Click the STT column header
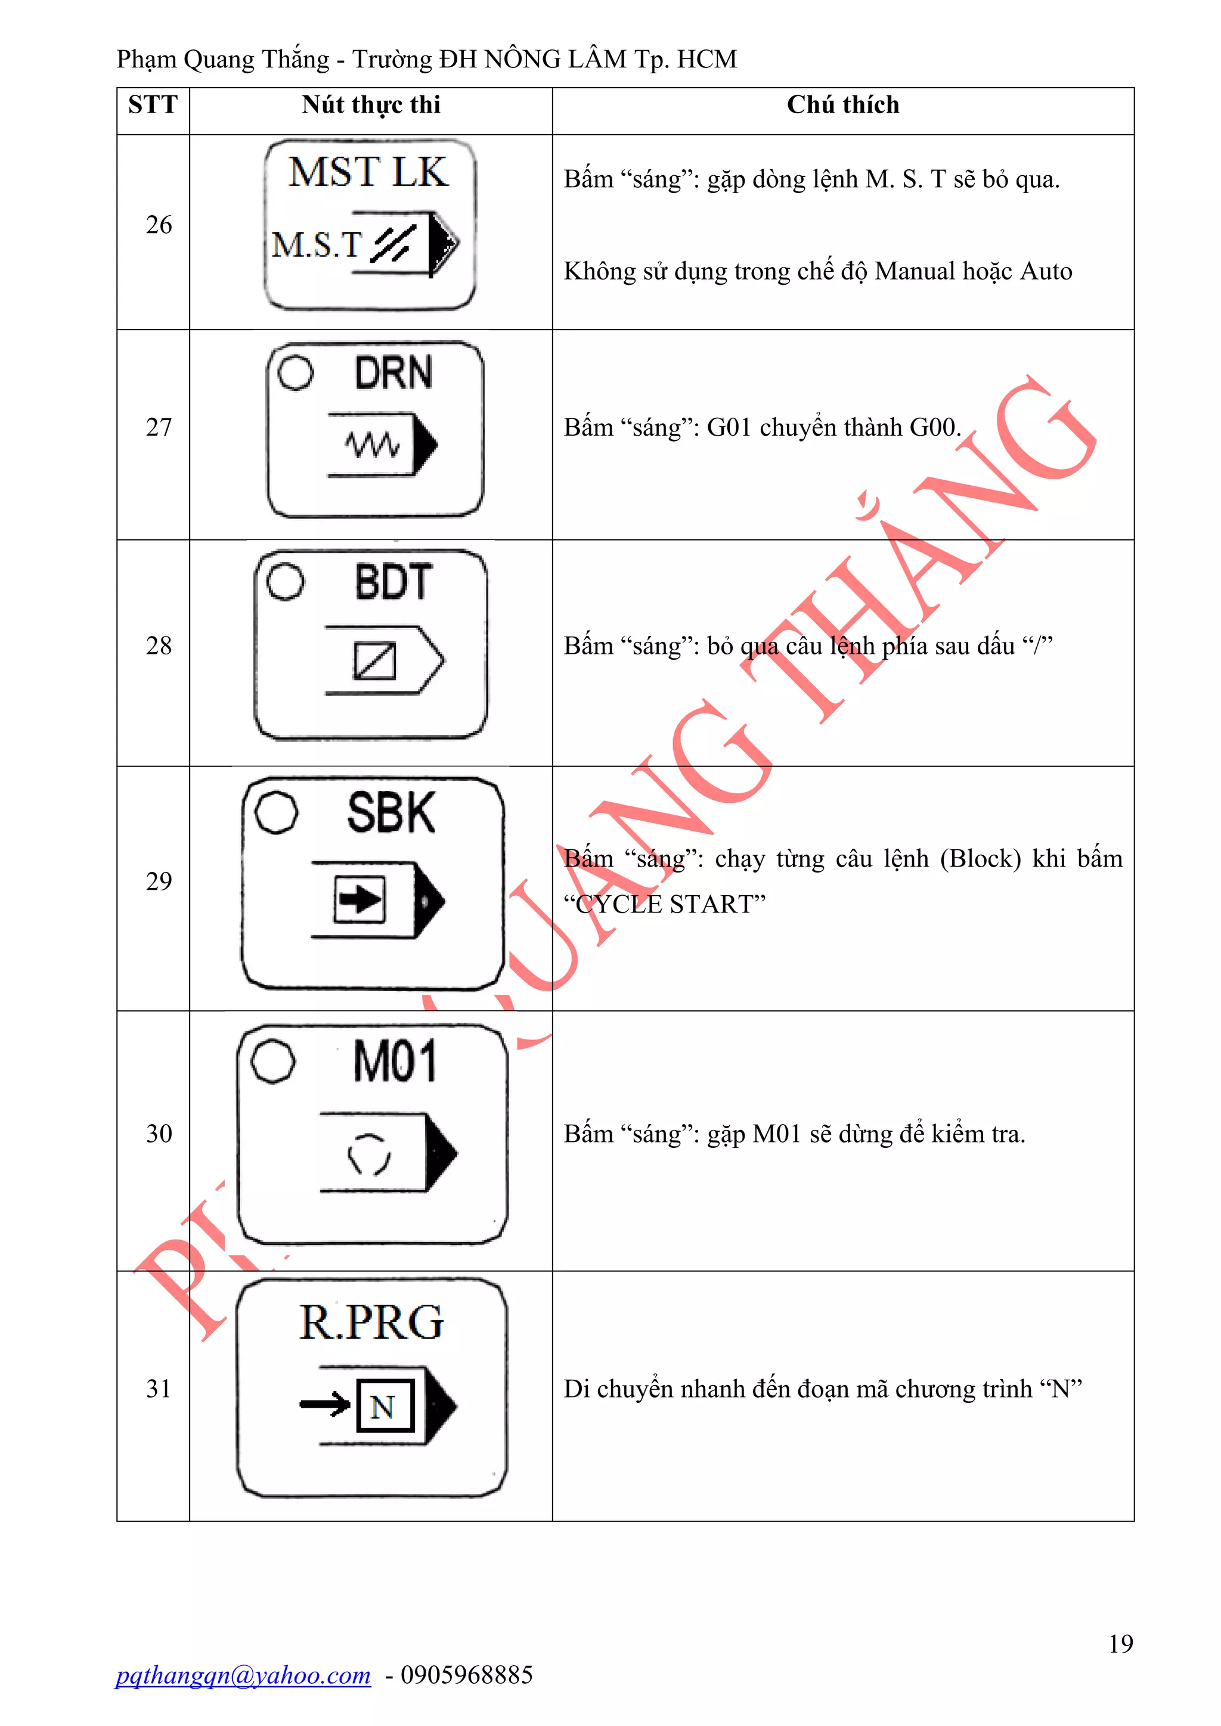pos(153,104)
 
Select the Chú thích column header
pos(843,104)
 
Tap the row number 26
pos(159,225)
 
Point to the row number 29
pos(159,881)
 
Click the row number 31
pos(159,1389)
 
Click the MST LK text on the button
pos(368,172)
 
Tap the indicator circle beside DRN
pos(296,372)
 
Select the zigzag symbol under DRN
pos(371,445)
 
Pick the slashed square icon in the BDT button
pos(374,661)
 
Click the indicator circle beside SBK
pos(276,812)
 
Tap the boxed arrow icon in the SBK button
pos(360,899)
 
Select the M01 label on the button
pos(395,1061)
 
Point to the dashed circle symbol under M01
pos(368,1153)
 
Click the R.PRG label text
pos(371,1323)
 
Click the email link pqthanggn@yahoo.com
pos(243,1675)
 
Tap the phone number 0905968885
pos(466,1675)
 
